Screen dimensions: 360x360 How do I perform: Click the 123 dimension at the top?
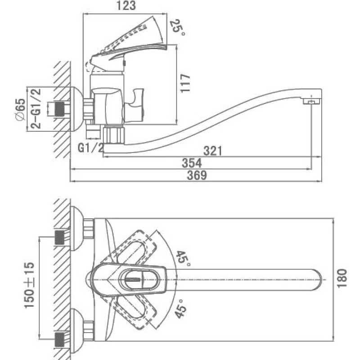(x=126, y=6)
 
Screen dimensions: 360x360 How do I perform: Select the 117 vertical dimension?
(x=185, y=83)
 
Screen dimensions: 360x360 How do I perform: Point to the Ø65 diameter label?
(x=21, y=109)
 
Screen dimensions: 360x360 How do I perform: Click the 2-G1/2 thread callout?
(x=36, y=108)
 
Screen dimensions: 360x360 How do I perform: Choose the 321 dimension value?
(x=213, y=151)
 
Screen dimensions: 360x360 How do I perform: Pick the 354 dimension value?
(x=192, y=163)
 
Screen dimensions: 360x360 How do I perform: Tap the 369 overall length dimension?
(x=197, y=175)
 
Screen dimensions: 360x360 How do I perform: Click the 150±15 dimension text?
(x=29, y=285)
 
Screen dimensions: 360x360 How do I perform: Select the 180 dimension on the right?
(x=342, y=278)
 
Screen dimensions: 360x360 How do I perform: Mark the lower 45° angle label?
(x=180, y=308)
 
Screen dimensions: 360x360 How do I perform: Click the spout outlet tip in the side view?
(x=312, y=101)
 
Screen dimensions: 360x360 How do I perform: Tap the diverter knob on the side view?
(x=134, y=106)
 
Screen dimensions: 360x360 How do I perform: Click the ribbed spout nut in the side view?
(x=114, y=135)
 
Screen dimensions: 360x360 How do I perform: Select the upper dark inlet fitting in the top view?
(x=60, y=238)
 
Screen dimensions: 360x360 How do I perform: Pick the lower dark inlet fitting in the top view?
(x=60, y=339)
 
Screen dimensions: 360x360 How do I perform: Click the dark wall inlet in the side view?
(x=60, y=108)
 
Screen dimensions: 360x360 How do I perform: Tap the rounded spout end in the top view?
(x=316, y=279)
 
